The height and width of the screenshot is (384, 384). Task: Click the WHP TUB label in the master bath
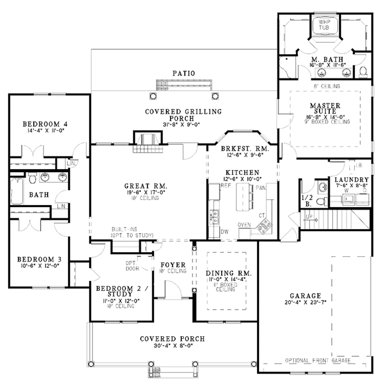[324, 25]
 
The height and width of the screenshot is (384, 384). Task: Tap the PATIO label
[184, 74]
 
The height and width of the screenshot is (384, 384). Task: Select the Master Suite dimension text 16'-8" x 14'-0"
[325, 117]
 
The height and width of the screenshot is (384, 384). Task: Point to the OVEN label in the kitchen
[244, 224]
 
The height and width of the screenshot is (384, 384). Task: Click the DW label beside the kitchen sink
[224, 231]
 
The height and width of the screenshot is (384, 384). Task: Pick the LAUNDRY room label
[351, 180]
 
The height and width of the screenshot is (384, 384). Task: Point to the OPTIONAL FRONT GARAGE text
[318, 360]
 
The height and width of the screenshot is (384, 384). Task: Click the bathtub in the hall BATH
[17, 191]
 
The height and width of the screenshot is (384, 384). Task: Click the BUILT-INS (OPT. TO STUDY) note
[132, 232]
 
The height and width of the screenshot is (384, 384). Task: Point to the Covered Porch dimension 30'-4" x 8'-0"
[172, 346]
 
